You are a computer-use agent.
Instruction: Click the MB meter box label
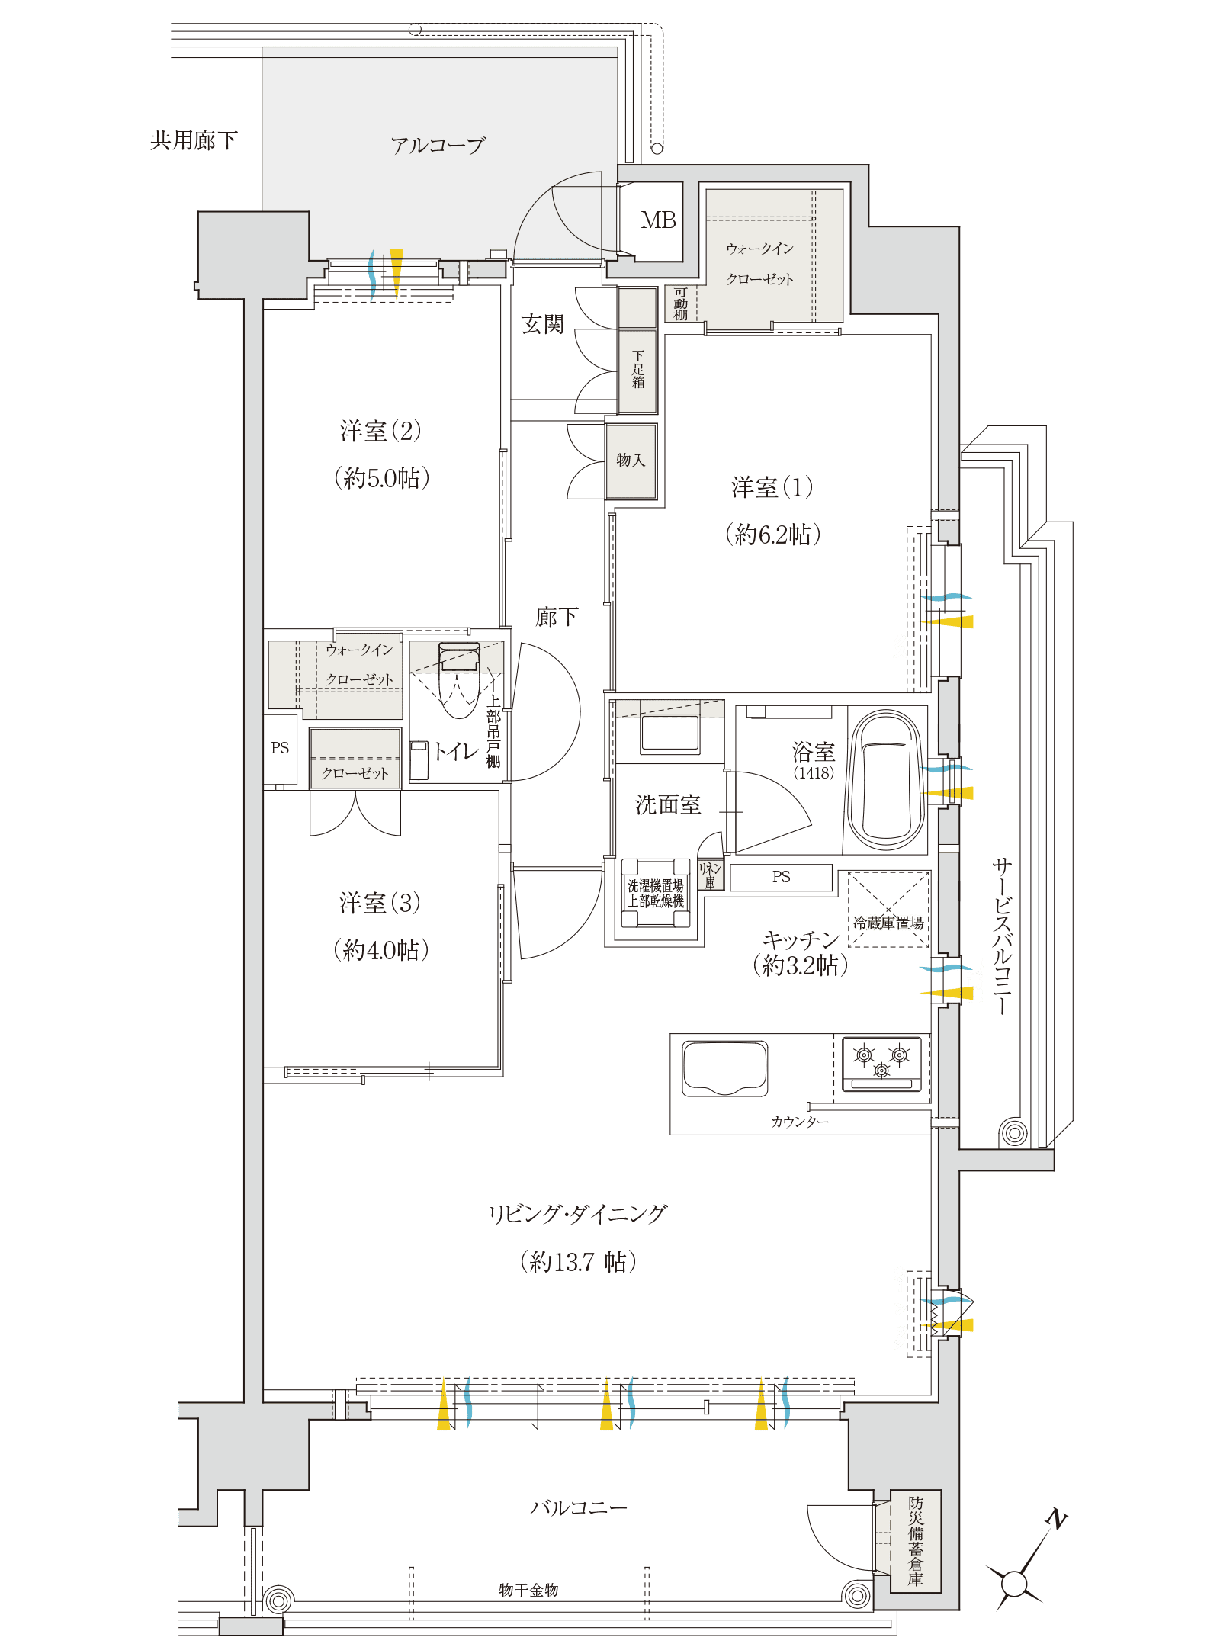(x=658, y=220)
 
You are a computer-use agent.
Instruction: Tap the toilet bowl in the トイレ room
(x=459, y=680)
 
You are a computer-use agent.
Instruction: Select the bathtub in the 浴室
(x=886, y=780)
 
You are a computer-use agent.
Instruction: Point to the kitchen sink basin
(x=724, y=1068)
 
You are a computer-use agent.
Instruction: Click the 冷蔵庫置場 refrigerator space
(x=888, y=910)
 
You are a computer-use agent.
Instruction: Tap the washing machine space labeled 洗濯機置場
(x=656, y=893)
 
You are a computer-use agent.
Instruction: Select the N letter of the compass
(x=1057, y=1519)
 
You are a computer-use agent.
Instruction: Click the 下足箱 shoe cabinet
(x=637, y=371)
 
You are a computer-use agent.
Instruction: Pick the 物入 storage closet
(x=631, y=461)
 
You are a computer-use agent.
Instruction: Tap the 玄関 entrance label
(x=542, y=324)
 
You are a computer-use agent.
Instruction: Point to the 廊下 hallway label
(x=557, y=617)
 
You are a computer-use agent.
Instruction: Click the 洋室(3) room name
(x=380, y=903)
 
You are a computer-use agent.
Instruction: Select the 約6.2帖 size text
(x=772, y=535)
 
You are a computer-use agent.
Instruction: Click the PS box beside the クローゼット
(x=280, y=749)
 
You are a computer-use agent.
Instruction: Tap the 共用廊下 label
(x=194, y=140)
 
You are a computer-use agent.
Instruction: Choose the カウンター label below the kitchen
(x=800, y=1122)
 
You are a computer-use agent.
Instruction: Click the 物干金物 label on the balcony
(x=528, y=1590)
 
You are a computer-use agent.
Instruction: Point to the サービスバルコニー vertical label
(x=1001, y=936)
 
